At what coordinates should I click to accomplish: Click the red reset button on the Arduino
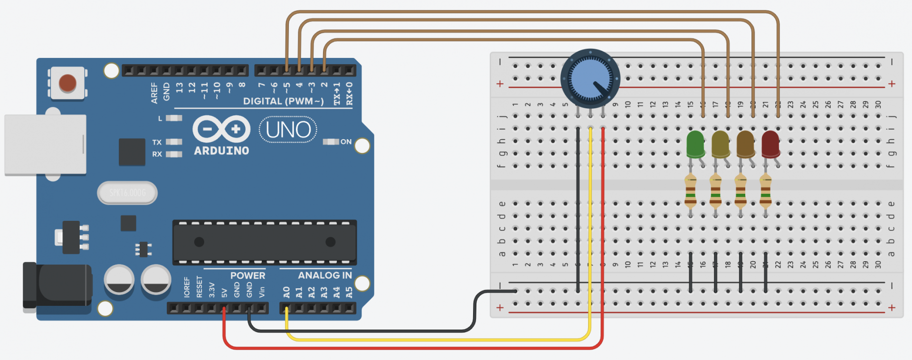pyautogui.click(x=67, y=83)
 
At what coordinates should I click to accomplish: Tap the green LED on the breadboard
pyautogui.click(x=695, y=144)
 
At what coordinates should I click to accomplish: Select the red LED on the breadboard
pyautogui.click(x=770, y=144)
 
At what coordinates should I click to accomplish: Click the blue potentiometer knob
pyautogui.click(x=590, y=78)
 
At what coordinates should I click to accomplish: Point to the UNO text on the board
pyautogui.click(x=288, y=130)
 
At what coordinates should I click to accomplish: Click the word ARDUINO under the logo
pyautogui.click(x=221, y=151)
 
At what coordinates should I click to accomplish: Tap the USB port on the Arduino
pyautogui.click(x=45, y=144)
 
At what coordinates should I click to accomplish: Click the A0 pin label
pyautogui.click(x=286, y=292)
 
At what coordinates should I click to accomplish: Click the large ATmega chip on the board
pyautogui.click(x=265, y=242)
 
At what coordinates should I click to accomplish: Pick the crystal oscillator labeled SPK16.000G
pyautogui.click(x=127, y=193)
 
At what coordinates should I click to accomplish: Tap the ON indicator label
pyautogui.click(x=346, y=142)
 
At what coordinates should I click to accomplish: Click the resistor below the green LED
pyautogui.click(x=691, y=191)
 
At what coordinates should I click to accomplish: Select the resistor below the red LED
pyautogui.click(x=765, y=191)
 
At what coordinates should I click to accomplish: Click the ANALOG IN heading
pyautogui.click(x=325, y=275)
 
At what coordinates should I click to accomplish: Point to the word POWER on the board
pyautogui.click(x=247, y=275)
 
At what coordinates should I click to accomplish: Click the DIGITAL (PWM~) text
pyautogui.click(x=283, y=101)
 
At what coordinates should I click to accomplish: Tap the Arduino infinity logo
pyautogui.click(x=221, y=129)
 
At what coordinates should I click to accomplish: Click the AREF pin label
pyautogui.click(x=154, y=93)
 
